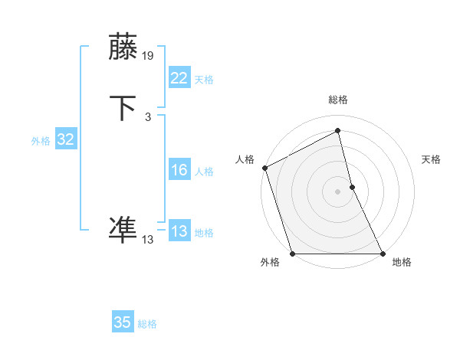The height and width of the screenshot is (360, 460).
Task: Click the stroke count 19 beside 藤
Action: pyautogui.click(x=149, y=55)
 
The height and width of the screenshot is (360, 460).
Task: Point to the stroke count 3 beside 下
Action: pyautogui.click(x=147, y=116)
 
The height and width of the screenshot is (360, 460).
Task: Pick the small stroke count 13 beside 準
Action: pyautogui.click(x=148, y=239)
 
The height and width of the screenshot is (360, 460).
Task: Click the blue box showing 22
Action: pyautogui.click(x=179, y=78)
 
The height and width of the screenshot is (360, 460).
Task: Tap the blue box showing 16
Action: pyautogui.click(x=179, y=170)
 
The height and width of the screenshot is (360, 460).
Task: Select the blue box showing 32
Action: pyautogui.click(x=65, y=139)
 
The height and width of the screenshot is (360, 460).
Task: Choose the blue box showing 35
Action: pyautogui.click(x=123, y=322)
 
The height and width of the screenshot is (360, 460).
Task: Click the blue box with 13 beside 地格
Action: pyautogui.click(x=179, y=231)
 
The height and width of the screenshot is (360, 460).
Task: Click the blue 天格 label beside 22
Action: pyautogui.click(x=204, y=80)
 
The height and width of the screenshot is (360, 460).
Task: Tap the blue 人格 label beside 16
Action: pyautogui.click(x=204, y=172)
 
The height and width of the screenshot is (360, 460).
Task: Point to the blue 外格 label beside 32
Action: pyautogui.click(x=41, y=141)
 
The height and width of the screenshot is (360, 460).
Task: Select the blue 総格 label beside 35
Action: pyautogui.click(x=147, y=324)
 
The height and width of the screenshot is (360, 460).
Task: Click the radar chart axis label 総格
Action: pyautogui.click(x=338, y=100)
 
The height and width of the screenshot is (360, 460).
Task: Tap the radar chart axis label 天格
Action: pyautogui.click(x=432, y=159)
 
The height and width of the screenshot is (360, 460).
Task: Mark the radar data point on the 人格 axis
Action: pyautogui.click(x=264, y=168)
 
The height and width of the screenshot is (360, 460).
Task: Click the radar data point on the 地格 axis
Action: pyautogui.click(x=383, y=253)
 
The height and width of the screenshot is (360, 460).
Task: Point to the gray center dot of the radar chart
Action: pyautogui.click(x=338, y=191)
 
